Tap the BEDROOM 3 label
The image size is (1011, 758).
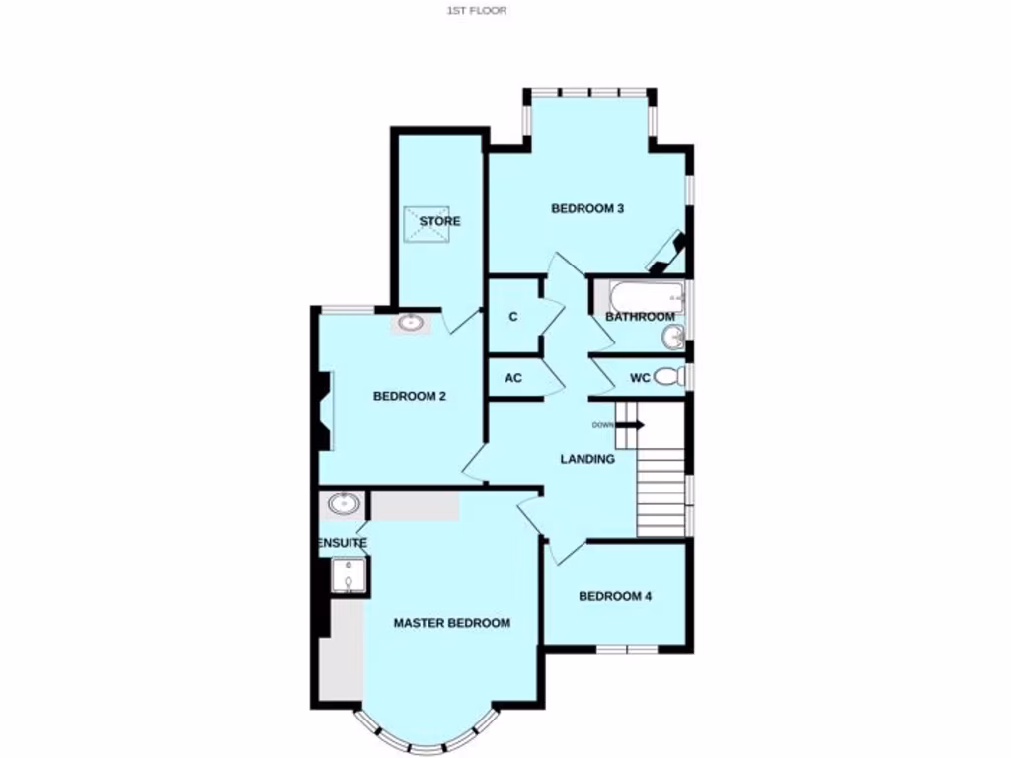pyautogui.click(x=586, y=208)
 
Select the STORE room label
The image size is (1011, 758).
pyautogui.click(x=439, y=221)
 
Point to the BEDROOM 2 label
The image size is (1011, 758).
pyautogui.click(x=410, y=397)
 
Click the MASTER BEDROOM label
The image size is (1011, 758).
pyautogui.click(x=451, y=623)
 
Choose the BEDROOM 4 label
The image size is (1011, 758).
pyautogui.click(x=614, y=596)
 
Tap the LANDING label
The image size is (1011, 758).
pyautogui.click(x=587, y=459)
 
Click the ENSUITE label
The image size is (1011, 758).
pyautogui.click(x=343, y=544)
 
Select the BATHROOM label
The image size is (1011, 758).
pyautogui.click(x=639, y=317)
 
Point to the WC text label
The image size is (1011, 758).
pyautogui.click(x=639, y=377)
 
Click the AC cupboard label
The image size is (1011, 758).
pyautogui.click(x=513, y=378)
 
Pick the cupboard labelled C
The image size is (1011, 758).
pyautogui.click(x=513, y=317)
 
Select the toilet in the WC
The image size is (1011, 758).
pyautogui.click(x=668, y=376)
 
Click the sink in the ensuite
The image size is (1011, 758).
pyautogui.click(x=343, y=505)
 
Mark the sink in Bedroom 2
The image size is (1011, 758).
pyautogui.click(x=410, y=322)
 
